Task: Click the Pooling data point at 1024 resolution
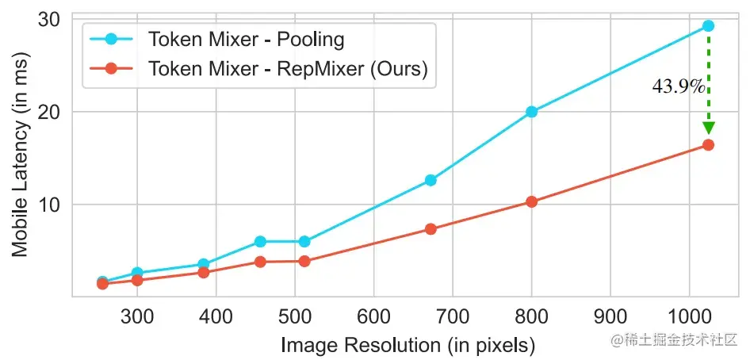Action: point(708,26)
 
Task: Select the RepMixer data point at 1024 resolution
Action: point(708,145)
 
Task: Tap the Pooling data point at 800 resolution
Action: point(531,112)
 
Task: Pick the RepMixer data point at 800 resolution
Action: point(531,202)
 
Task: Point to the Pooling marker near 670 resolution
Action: point(430,181)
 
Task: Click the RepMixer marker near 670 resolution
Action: point(430,229)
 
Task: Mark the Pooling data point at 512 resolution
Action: point(304,241)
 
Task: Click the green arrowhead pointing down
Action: point(708,128)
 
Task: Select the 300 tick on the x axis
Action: point(137,316)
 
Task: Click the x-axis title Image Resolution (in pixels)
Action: point(408,346)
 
